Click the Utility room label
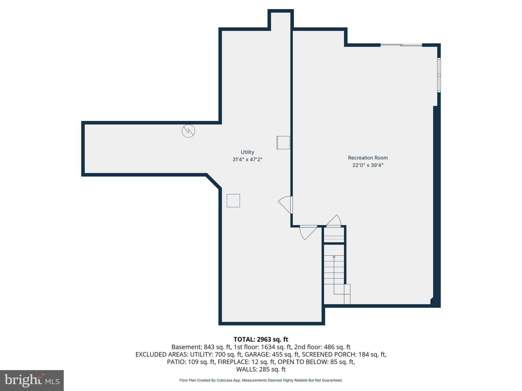tap(247, 152)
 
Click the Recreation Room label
tap(368, 158)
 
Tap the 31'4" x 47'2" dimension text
tap(247, 160)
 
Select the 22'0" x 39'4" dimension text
tap(368, 165)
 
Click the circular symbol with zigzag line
tap(188, 131)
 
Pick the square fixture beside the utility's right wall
tap(283, 143)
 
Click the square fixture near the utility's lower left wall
tap(233, 201)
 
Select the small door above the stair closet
tap(334, 221)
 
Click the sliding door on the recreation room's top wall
tap(401, 45)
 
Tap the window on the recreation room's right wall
tap(439, 75)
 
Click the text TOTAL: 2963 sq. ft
tap(261, 339)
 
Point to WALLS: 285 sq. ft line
tap(261, 369)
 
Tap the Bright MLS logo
tap(32, 380)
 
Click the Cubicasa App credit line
tap(261, 380)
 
